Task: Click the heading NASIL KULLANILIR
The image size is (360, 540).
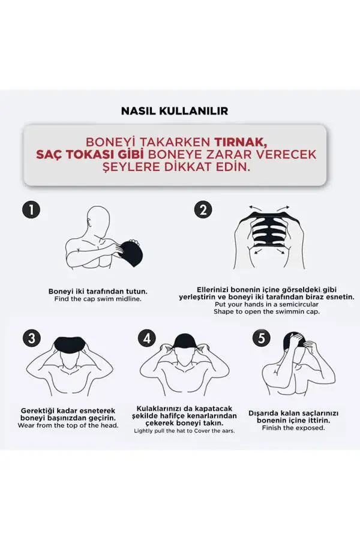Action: click(x=174, y=111)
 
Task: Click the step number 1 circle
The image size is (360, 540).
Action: click(x=31, y=209)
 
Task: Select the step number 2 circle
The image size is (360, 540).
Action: click(x=203, y=209)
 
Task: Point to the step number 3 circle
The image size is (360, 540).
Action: click(x=31, y=338)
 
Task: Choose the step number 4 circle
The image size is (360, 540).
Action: click(x=146, y=338)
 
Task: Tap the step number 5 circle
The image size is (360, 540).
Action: click(x=260, y=338)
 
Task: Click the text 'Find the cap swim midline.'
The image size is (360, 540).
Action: click(x=98, y=299)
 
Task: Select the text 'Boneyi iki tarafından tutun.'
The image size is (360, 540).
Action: click(x=98, y=291)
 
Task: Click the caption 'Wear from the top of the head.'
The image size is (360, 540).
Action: click(x=68, y=425)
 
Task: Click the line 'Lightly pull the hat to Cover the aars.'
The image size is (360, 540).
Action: click(x=184, y=431)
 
